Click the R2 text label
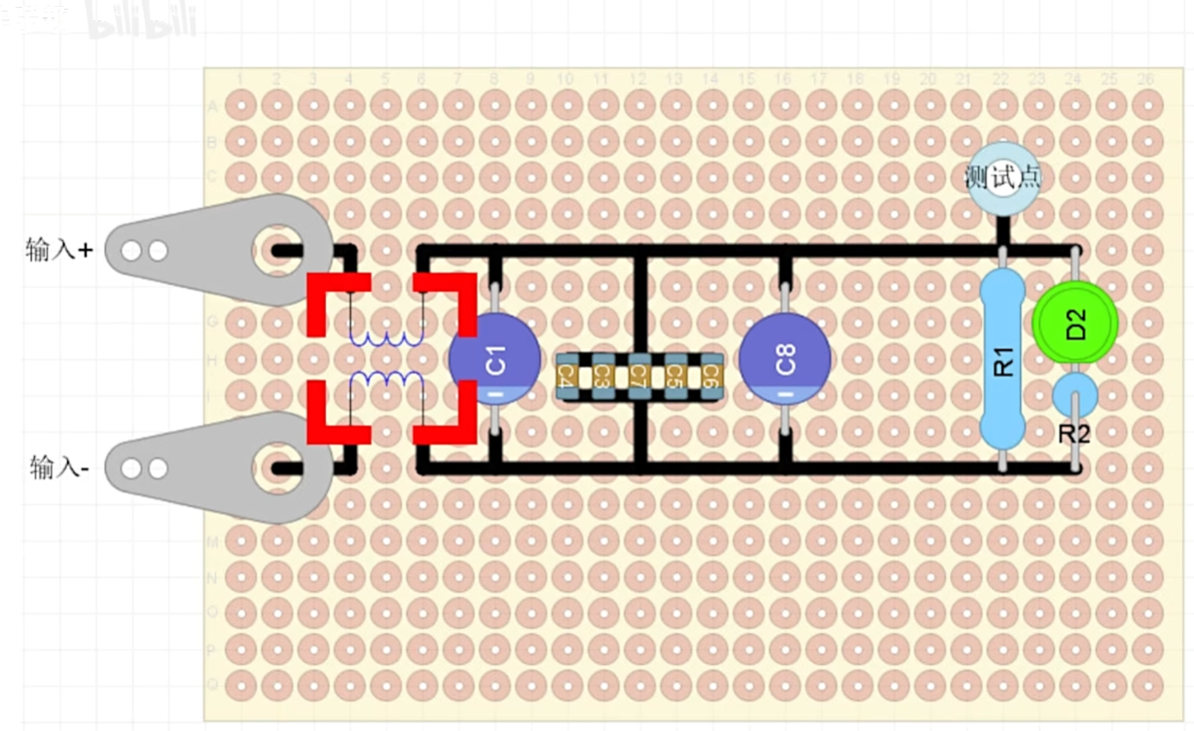[1073, 434]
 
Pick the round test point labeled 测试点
[1002, 177]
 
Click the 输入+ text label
[59, 250]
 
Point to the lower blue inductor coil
[387, 381]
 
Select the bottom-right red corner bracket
[452, 420]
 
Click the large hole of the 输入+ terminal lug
[275, 250]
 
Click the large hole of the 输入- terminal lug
[275, 468]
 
